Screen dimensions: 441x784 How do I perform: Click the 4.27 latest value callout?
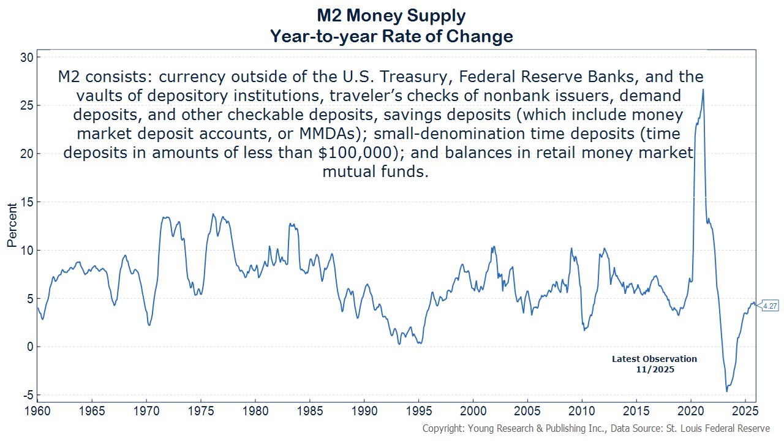pyautogui.click(x=769, y=306)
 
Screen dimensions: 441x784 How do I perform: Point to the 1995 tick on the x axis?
pyautogui.click(x=418, y=409)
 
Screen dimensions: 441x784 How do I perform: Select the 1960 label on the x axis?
pyautogui.click(x=38, y=409)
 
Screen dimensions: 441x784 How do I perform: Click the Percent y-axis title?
pyautogui.click(x=12, y=226)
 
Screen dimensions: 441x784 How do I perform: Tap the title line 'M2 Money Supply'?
pyautogui.click(x=391, y=15)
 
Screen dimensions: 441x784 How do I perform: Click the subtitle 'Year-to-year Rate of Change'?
pyautogui.click(x=391, y=37)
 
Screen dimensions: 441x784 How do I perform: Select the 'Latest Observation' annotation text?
pyautogui.click(x=654, y=359)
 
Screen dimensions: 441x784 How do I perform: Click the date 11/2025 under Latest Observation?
pyautogui.click(x=654, y=369)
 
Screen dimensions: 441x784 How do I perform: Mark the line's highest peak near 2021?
pyautogui.click(x=703, y=89)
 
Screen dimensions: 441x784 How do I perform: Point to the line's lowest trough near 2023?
pyautogui.click(x=727, y=391)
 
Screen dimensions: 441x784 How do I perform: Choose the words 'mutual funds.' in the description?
pyautogui.click(x=375, y=171)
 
